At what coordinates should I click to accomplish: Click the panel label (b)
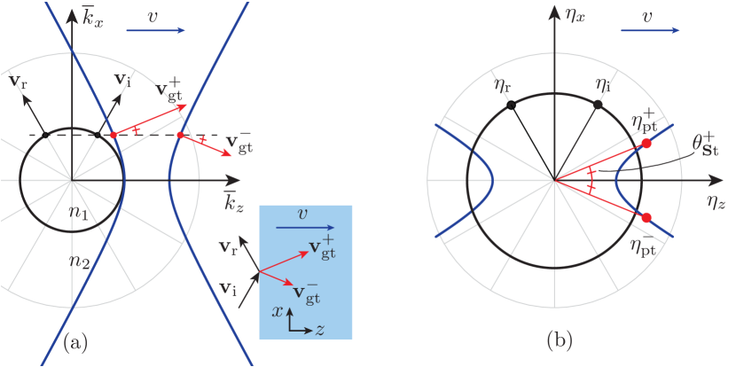[x=560, y=339]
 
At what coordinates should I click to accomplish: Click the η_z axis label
[x=716, y=200]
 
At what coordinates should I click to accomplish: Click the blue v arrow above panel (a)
[x=155, y=30]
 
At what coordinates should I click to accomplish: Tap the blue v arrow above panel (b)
[x=649, y=30]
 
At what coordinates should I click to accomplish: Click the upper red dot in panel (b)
[x=646, y=143]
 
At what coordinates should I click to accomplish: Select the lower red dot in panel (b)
[x=646, y=217]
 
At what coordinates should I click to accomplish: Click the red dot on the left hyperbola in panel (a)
[x=113, y=135]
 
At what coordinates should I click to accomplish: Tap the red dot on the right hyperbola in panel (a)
[x=180, y=136]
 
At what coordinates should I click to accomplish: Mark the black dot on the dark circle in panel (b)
[x=598, y=105]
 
